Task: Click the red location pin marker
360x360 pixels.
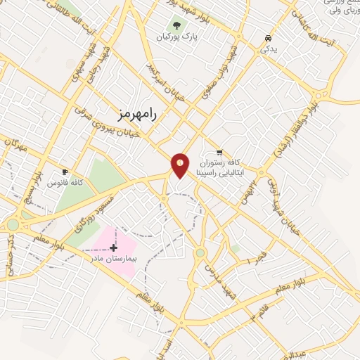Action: pyautogui.click(x=180, y=165)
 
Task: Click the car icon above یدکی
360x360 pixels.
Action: pyautogui.click(x=268, y=38)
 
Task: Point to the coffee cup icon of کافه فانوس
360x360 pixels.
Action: pyautogui.click(x=65, y=172)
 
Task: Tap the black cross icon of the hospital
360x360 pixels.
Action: pyautogui.click(x=113, y=247)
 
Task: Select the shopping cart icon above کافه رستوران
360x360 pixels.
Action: pyautogui.click(x=219, y=152)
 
